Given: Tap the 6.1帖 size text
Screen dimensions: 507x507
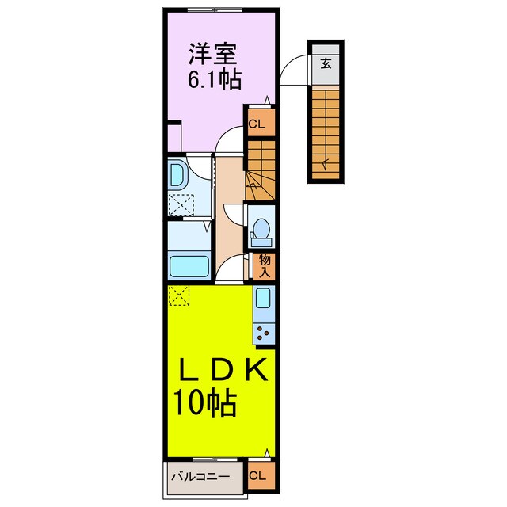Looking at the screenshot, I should click(214, 80).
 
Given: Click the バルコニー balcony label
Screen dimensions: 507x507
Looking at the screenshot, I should click(202, 477).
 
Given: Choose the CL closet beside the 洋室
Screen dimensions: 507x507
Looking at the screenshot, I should click(258, 124).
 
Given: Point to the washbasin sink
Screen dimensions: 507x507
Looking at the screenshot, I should click(177, 173).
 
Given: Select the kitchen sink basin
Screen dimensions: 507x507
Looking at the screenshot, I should click(263, 300).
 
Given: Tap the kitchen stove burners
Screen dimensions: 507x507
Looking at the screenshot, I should click(263, 333).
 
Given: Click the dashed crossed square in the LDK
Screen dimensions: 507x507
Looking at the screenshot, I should click(180, 295).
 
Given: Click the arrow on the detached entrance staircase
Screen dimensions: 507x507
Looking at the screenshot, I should click(325, 162).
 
